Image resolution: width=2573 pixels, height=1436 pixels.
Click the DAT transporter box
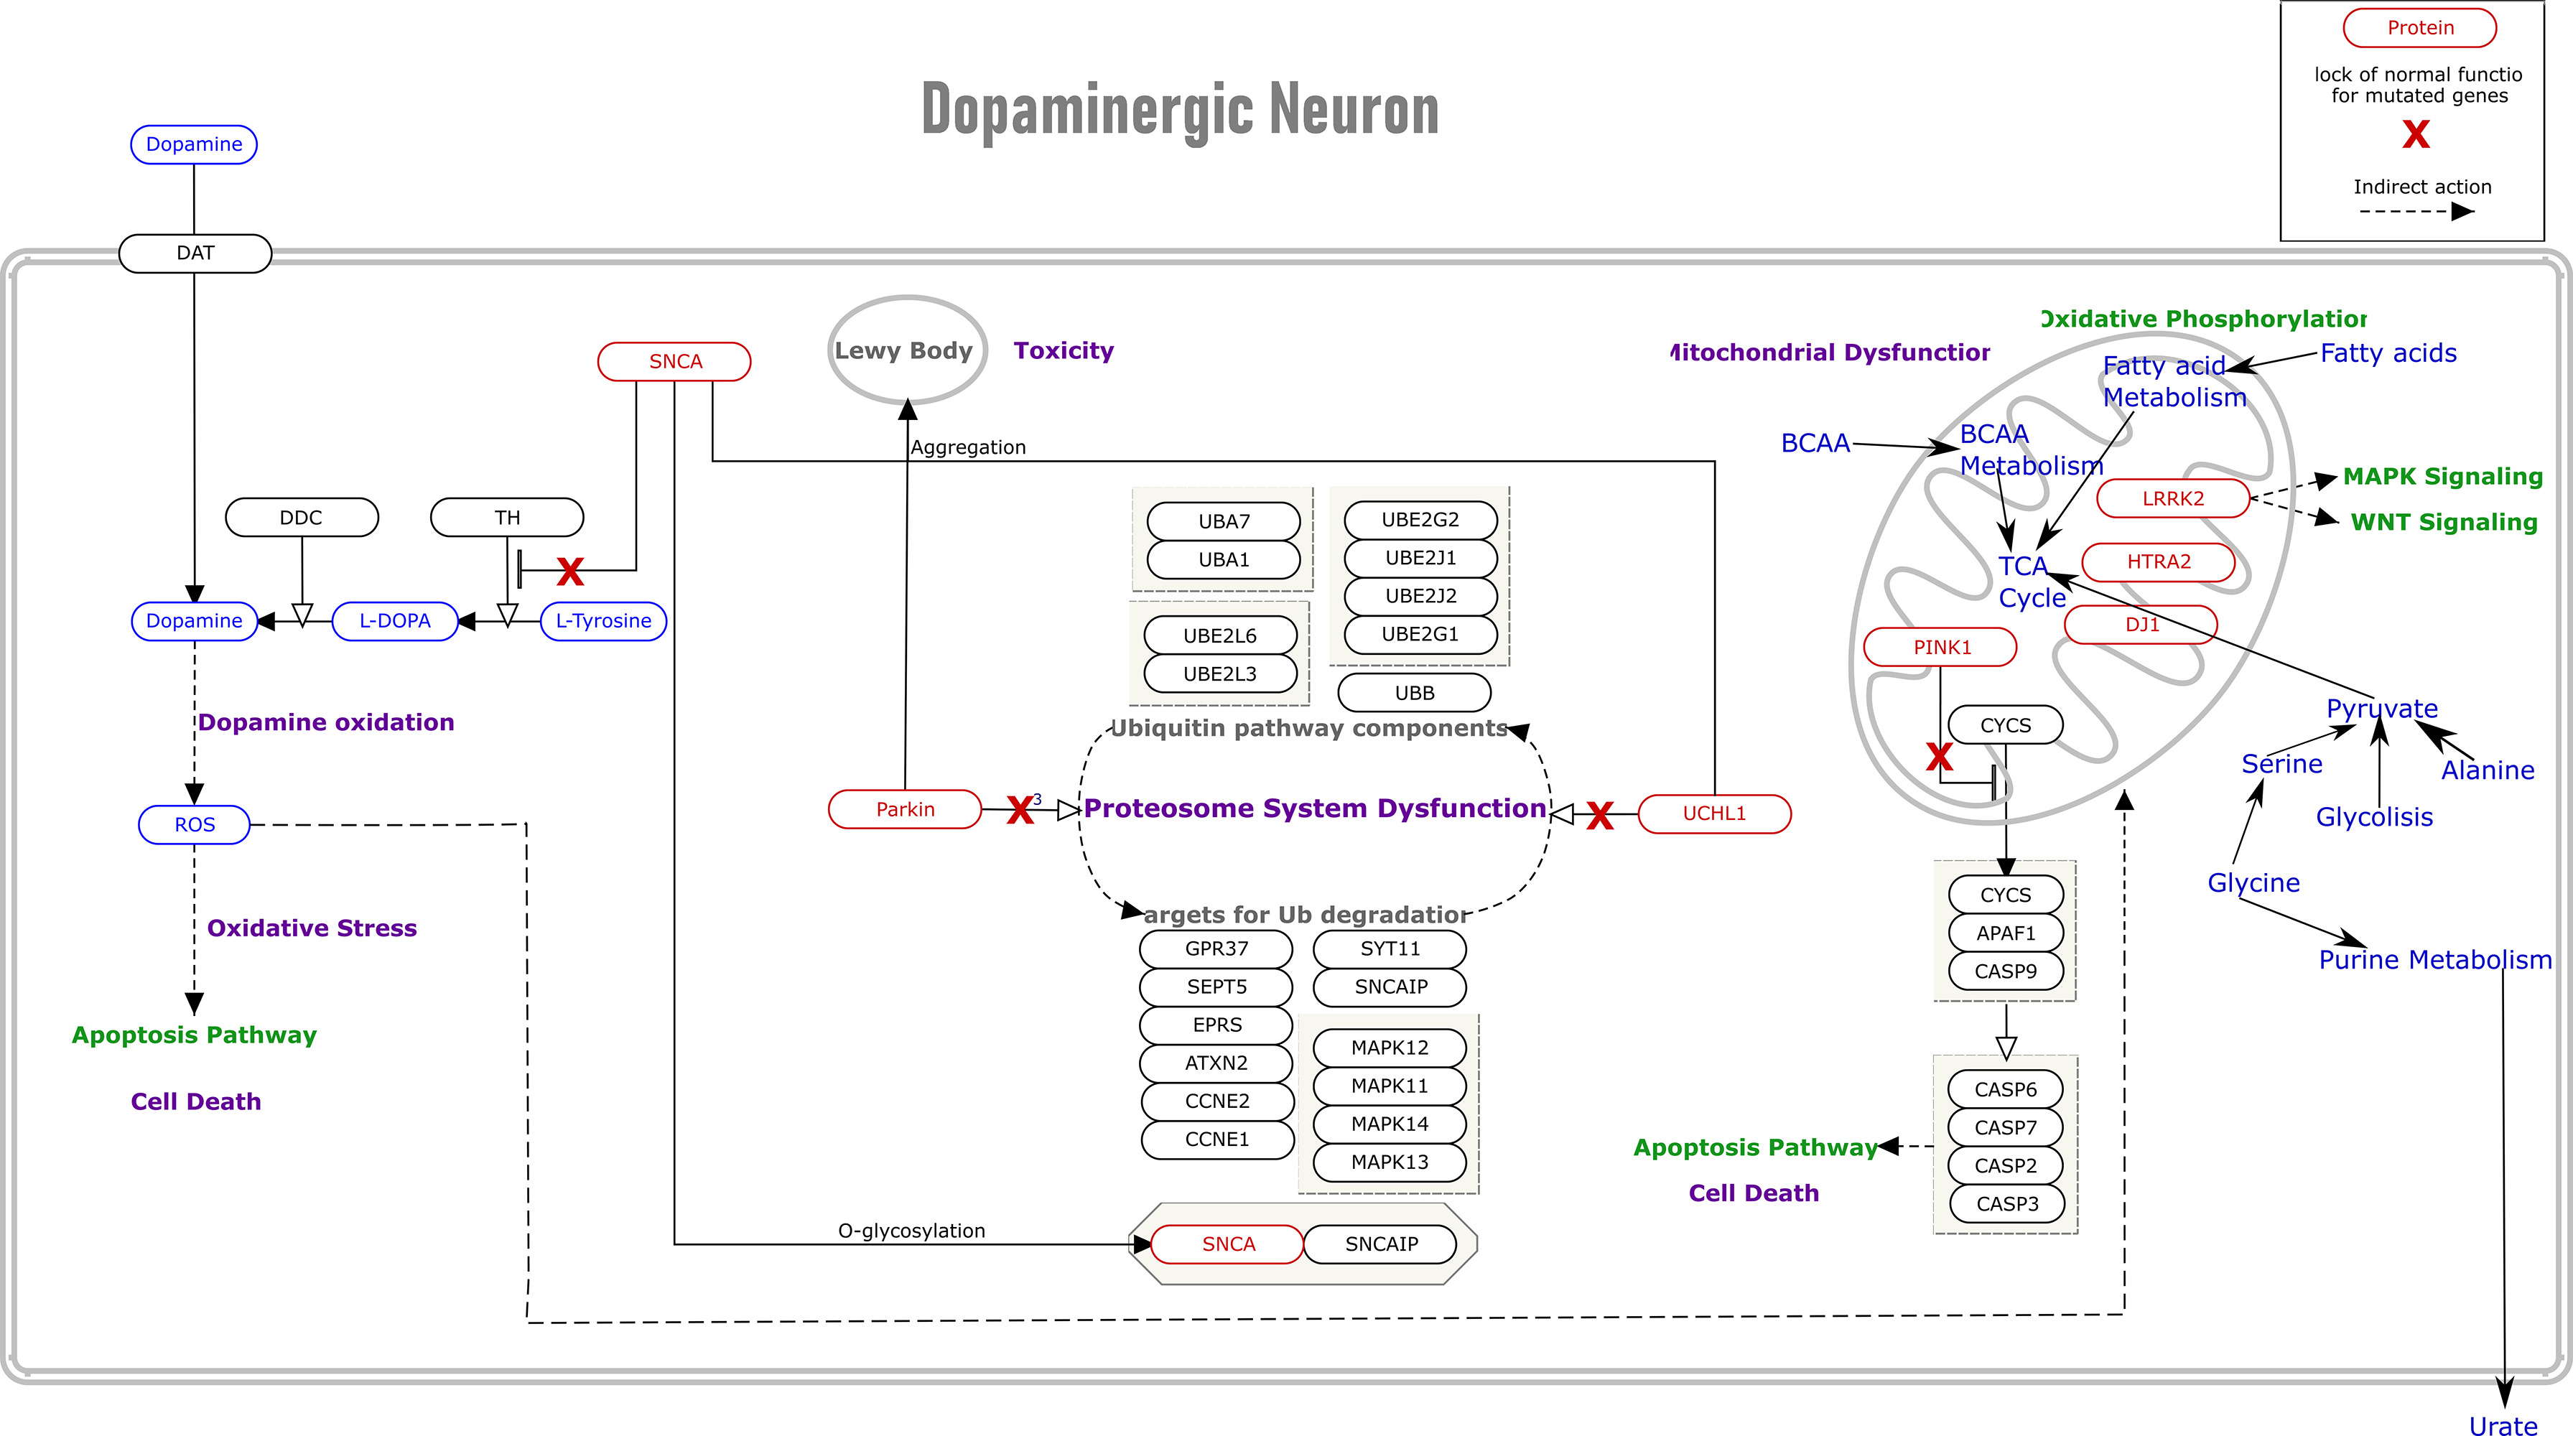pos(195,253)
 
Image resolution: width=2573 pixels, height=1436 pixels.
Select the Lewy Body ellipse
pos(907,350)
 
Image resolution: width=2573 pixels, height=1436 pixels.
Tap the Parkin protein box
pos(905,809)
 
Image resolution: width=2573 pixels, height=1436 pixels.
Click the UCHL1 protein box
pos(1714,813)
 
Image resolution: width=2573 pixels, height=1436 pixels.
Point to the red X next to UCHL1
pos(1599,816)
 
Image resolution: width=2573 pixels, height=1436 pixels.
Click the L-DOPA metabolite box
pos(394,620)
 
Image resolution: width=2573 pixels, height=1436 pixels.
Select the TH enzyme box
pos(506,517)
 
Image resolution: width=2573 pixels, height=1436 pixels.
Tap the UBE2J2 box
pos(1420,595)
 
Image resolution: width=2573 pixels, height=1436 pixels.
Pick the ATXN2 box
pos(1216,1063)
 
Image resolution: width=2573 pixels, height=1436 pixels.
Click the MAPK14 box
pos(1390,1124)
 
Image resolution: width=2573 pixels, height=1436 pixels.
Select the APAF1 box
pos(2005,933)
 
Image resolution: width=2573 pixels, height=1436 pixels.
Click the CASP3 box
pos(2006,1203)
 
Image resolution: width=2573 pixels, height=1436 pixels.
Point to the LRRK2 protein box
pos(2172,498)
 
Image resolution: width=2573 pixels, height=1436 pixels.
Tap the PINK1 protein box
pos(1941,647)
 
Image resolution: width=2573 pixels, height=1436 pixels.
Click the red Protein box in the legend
pos(2419,28)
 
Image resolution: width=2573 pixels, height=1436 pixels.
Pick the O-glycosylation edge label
pos(911,1230)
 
